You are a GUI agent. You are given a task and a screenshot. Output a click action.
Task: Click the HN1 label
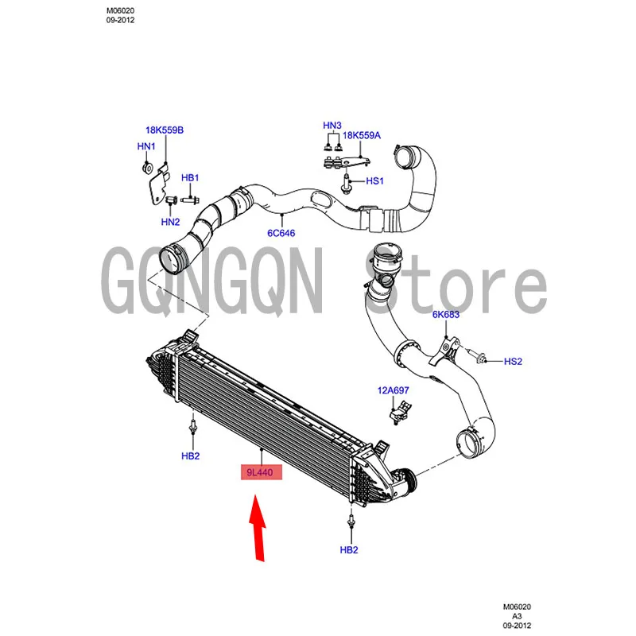[x=146, y=146]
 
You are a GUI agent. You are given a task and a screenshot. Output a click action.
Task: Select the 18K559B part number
[x=164, y=130]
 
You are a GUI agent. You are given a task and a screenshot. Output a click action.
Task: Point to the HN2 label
[x=170, y=222]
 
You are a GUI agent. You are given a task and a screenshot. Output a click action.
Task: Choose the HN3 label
[x=332, y=126]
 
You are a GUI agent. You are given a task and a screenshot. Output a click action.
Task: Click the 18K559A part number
[x=363, y=136]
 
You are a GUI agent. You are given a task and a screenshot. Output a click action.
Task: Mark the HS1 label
[x=374, y=181]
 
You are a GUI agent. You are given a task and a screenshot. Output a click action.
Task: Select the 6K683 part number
[x=446, y=314]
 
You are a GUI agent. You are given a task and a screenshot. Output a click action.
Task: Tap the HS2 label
[x=513, y=361]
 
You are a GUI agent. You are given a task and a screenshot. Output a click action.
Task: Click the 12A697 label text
[x=393, y=390]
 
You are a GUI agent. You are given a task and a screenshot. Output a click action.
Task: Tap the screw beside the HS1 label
[x=347, y=183]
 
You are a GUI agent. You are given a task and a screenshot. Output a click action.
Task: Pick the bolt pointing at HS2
[x=477, y=357]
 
